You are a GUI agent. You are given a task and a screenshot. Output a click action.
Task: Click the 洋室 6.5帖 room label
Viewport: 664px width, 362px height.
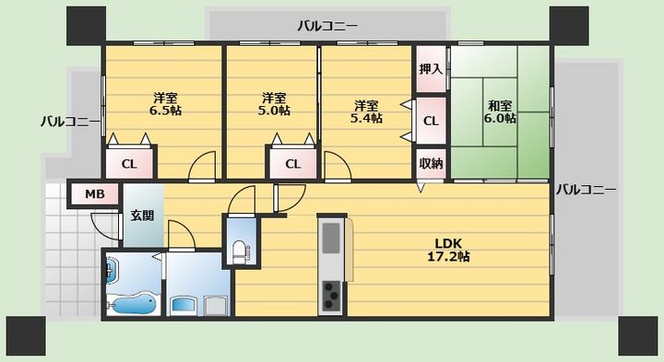point(165,104)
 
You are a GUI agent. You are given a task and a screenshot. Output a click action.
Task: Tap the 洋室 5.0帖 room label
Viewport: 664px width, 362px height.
point(274,104)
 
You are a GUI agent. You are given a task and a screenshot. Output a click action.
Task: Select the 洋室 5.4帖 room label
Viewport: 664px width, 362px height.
point(366,111)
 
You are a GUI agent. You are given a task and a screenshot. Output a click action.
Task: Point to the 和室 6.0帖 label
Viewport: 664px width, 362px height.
point(500,111)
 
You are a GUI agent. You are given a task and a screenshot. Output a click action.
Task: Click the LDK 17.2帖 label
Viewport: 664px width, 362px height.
point(448,250)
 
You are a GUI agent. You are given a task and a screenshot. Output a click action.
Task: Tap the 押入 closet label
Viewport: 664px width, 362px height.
point(431,69)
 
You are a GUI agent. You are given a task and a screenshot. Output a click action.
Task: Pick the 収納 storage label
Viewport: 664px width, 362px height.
point(431,163)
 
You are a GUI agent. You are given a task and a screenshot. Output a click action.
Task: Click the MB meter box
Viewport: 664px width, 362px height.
point(95,194)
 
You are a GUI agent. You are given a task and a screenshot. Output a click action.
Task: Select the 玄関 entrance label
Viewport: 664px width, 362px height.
point(142,216)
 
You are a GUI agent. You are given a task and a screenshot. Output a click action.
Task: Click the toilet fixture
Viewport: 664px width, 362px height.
point(239,252)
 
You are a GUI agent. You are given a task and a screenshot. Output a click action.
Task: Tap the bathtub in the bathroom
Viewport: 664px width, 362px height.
point(131,305)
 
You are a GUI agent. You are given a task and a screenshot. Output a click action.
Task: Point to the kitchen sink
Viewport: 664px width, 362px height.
point(331,238)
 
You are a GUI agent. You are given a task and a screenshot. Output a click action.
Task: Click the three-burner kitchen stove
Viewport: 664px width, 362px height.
point(331,296)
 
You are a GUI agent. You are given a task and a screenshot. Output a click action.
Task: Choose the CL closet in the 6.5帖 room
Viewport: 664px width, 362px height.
point(129,164)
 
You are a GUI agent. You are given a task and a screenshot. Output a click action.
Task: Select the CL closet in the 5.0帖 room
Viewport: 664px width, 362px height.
point(293,164)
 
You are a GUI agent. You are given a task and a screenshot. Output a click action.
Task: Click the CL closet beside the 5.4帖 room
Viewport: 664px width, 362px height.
point(431,121)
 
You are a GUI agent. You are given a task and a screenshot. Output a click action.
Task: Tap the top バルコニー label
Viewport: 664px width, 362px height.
point(327,26)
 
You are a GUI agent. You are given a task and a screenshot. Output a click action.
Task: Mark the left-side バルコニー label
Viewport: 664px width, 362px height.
point(71,123)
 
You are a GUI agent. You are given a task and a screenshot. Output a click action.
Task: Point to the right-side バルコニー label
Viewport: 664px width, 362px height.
point(587,190)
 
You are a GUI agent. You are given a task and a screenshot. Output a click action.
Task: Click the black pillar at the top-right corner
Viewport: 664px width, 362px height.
point(569,26)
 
